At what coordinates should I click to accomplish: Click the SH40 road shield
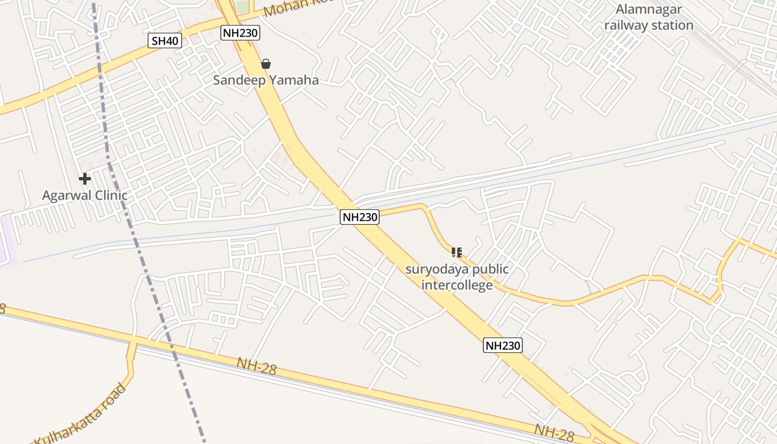click(164, 41)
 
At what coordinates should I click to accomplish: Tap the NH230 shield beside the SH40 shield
click(240, 33)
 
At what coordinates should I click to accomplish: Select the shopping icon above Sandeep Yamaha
click(266, 64)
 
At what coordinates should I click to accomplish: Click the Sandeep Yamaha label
click(266, 80)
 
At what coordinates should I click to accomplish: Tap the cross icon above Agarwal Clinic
click(85, 179)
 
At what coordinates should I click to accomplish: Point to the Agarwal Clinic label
click(85, 195)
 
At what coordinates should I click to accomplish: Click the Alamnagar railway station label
click(648, 17)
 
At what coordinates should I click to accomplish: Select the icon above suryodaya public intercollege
click(456, 253)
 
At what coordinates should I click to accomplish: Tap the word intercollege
click(457, 285)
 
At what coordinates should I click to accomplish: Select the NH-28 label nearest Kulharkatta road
click(256, 366)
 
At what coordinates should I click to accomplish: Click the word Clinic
click(111, 195)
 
